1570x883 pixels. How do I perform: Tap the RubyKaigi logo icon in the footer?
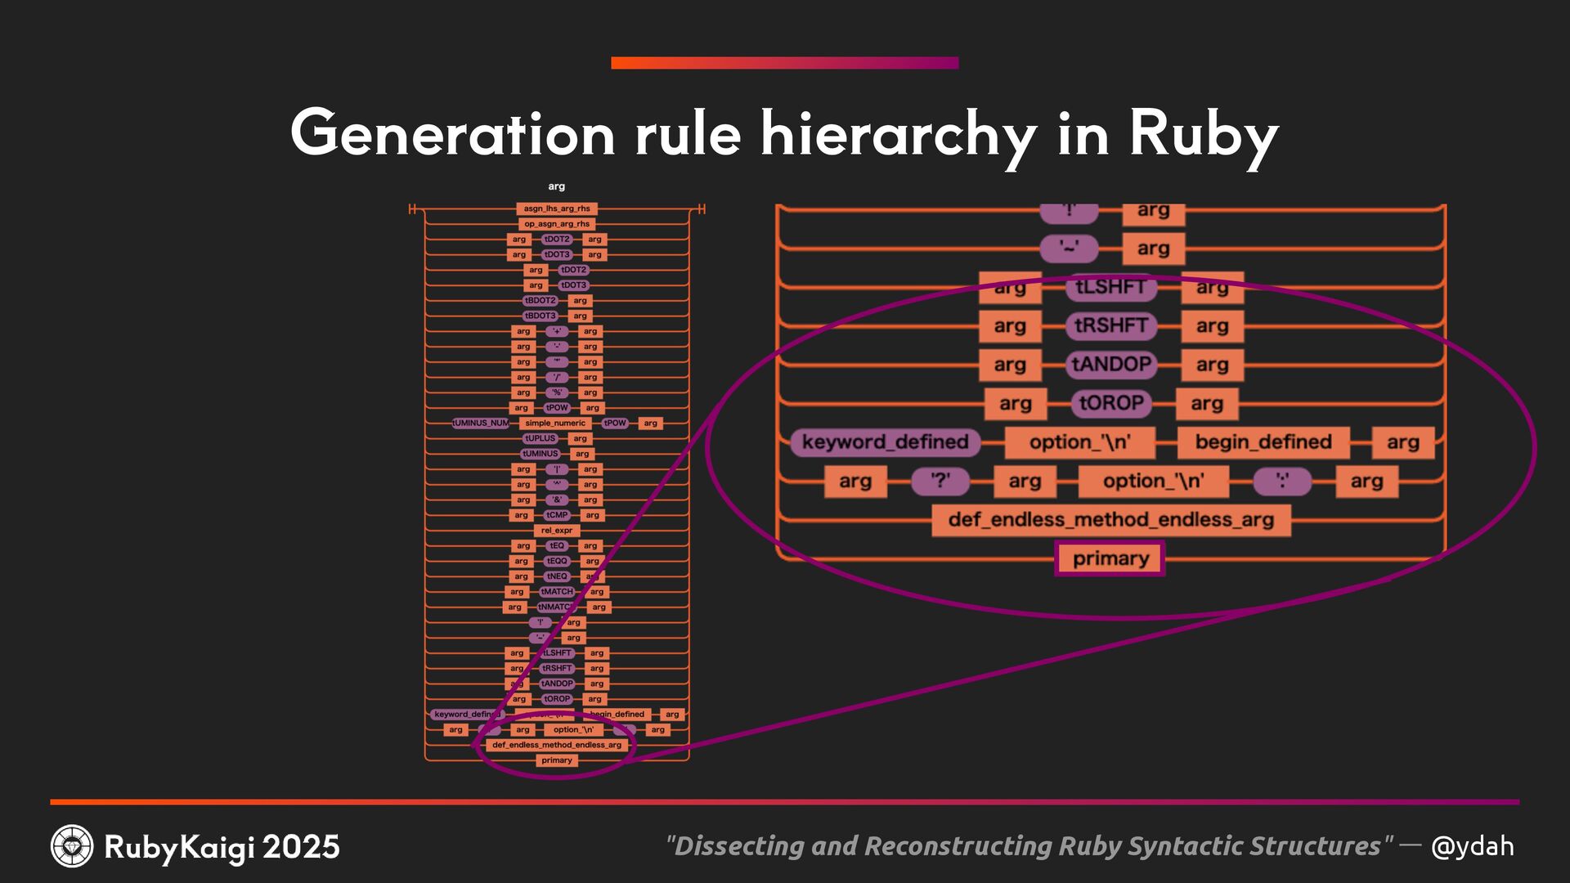(72, 846)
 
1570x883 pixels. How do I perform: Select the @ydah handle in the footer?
(1472, 846)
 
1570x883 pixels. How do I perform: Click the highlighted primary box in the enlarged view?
(1110, 558)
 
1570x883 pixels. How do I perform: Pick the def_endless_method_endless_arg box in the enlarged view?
(1110, 520)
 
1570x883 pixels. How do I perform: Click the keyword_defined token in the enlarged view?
(885, 442)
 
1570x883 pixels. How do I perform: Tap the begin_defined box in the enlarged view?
(1263, 442)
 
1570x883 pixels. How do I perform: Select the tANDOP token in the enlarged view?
(1110, 365)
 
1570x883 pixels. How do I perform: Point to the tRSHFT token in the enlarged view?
(1110, 325)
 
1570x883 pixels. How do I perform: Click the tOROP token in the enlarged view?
(1110, 403)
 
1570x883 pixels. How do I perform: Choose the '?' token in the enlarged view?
(940, 481)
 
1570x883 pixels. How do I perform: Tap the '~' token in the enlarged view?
(1069, 249)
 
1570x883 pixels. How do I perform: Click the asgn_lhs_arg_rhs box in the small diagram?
(557, 208)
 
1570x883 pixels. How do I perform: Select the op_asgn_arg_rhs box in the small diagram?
(557, 224)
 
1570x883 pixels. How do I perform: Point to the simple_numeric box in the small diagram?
(555, 424)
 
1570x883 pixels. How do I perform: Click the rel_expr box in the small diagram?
(557, 531)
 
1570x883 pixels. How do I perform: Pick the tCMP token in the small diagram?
(557, 515)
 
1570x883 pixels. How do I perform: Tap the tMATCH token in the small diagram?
(557, 592)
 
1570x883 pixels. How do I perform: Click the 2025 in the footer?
(301, 847)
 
